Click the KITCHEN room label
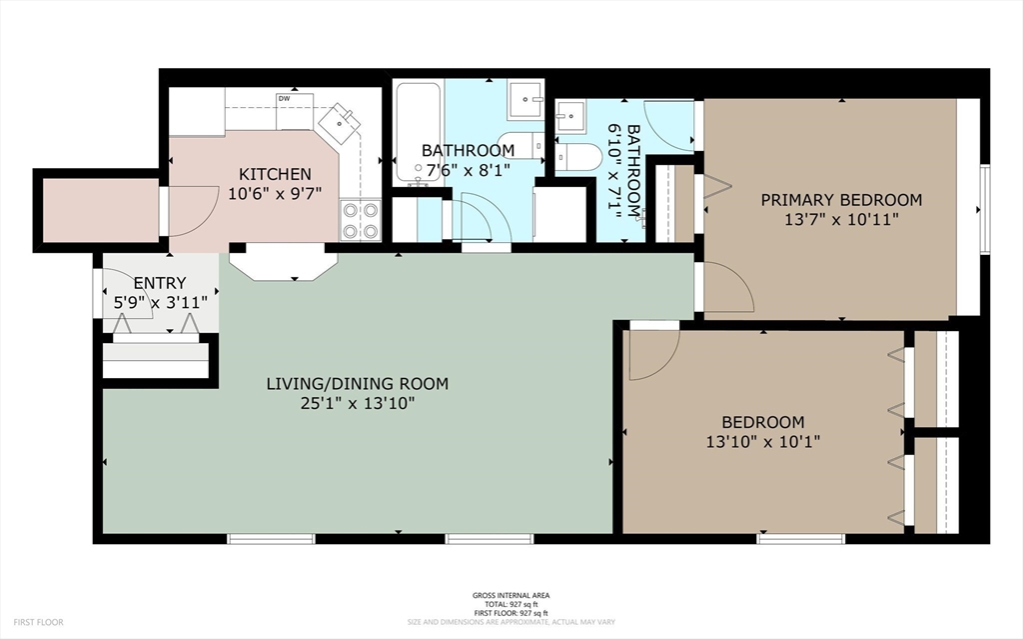pyautogui.click(x=275, y=174)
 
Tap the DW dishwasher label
pyautogui.click(x=284, y=99)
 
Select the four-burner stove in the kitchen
pyautogui.click(x=361, y=220)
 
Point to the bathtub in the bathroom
pyautogui.click(x=419, y=133)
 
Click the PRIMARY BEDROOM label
pyautogui.click(x=841, y=199)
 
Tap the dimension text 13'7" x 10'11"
pyautogui.click(x=841, y=219)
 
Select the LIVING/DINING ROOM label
pyautogui.click(x=358, y=384)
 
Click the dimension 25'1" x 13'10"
pyautogui.click(x=358, y=403)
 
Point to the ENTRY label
pyautogui.click(x=160, y=283)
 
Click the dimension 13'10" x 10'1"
pyautogui.click(x=762, y=442)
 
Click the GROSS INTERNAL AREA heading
pyautogui.click(x=511, y=595)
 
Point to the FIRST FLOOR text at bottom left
pyautogui.click(x=38, y=622)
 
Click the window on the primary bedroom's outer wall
pyautogui.click(x=986, y=209)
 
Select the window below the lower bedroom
pyautogui.click(x=801, y=539)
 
